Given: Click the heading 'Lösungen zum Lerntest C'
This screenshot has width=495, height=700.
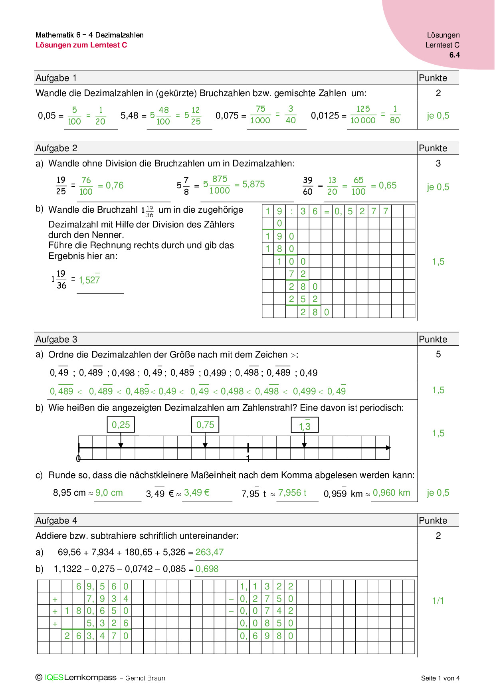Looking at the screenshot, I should click(81, 45).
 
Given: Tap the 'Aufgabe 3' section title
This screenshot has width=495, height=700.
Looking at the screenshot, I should click(56, 339).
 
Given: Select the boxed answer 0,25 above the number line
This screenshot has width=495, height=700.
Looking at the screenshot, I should click(121, 425).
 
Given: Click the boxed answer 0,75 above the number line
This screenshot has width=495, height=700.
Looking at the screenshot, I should click(205, 425).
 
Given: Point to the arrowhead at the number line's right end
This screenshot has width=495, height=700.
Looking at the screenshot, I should click(388, 448).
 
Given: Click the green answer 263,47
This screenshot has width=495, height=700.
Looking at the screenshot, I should click(210, 552).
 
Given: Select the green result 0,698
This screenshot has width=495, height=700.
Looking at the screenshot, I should click(207, 569).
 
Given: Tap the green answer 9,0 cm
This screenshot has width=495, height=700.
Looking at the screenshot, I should click(109, 493).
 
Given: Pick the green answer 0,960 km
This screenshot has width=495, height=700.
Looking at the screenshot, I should click(391, 493).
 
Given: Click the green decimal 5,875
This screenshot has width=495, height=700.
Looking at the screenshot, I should click(253, 184).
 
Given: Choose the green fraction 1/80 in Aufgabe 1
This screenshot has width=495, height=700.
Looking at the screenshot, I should click(395, 115).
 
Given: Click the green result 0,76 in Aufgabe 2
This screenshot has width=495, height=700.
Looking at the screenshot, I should click(115, 186).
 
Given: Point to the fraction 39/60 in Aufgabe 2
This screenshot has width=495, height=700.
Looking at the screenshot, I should click(307, 186).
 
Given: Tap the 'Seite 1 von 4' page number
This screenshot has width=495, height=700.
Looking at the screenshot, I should click(440, 678).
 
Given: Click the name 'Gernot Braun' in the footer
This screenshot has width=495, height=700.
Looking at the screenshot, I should click(145, 678).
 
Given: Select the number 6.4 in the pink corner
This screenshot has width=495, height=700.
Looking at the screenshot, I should click(454, 55).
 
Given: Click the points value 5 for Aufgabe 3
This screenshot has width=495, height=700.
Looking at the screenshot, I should click(438, 354).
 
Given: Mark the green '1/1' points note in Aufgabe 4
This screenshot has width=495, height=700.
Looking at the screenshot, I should click(438, 601).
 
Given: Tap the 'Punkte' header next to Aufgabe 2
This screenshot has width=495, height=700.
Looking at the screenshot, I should click(433, 148).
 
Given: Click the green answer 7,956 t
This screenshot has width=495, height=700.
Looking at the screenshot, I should click(292, 493).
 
